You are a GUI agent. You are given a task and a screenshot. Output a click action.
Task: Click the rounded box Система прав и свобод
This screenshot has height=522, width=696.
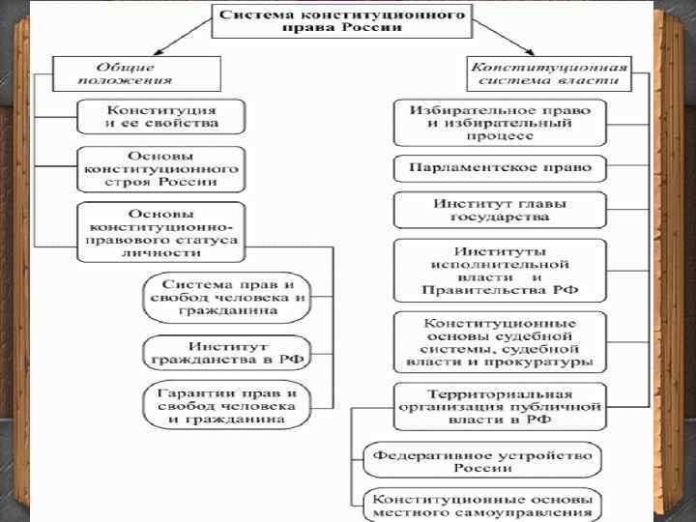click(x=226, y=298)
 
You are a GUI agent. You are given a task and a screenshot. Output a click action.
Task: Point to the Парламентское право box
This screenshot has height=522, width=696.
click(x=499, y=167)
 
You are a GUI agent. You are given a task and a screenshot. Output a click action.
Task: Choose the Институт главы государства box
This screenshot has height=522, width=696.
click(x=499, y=211)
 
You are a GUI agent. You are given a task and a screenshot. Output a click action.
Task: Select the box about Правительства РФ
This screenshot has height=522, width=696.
click(x=499, y=271)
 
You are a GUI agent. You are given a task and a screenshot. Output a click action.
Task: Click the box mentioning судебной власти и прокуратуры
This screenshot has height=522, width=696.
click(x=499, y=342)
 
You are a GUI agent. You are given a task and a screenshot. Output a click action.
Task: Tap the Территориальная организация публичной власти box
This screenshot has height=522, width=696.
click(x=499, y=407)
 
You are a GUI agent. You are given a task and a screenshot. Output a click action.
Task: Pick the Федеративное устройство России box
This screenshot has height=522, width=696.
click(x=480, y=461)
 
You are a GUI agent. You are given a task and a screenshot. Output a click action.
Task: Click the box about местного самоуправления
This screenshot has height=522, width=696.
click(x=480, y=505)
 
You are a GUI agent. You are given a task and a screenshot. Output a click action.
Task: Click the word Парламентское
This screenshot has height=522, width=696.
click(x=460, y=167)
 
